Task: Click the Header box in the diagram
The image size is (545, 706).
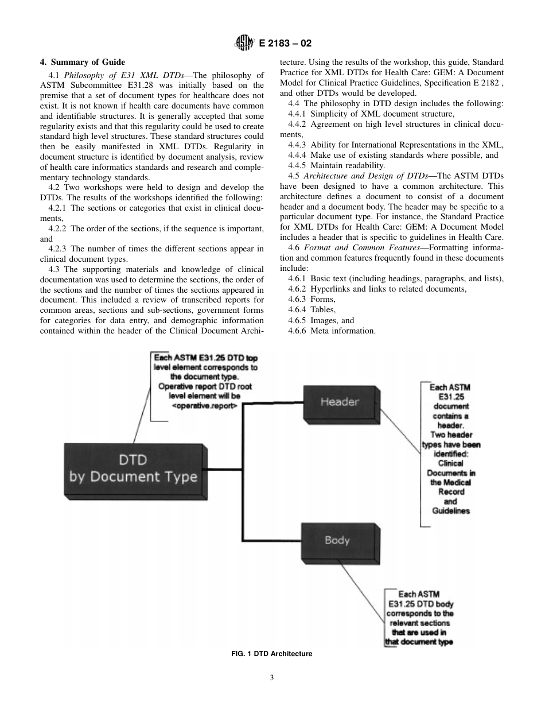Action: point(339,402)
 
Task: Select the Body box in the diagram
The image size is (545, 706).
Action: point(337,541)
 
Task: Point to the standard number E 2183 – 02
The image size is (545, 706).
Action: point(285,43)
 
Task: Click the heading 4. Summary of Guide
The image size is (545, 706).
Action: point(82,62)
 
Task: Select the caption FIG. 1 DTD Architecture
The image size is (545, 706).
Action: point(272,654)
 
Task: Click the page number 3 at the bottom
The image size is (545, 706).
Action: point(272,678)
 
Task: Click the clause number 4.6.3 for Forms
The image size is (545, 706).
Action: point(297,300)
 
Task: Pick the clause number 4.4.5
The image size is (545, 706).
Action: point(297,165)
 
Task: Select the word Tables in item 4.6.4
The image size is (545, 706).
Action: point(322,310)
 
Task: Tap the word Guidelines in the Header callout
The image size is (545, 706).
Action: point(451,511)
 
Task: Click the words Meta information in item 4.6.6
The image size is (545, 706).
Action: point(343,331)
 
